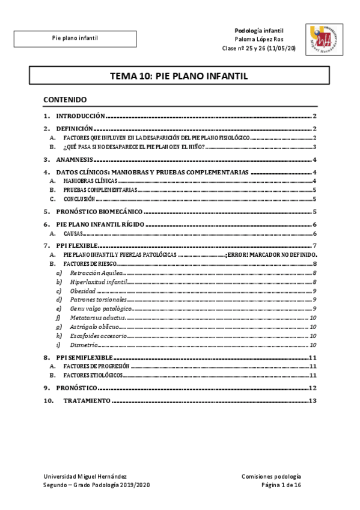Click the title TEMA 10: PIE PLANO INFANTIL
pos(179,76)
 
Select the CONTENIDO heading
pos(66,99)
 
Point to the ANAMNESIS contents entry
pos(75,160)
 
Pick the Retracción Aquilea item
pos(95,273)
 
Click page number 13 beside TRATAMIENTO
pos(312,401)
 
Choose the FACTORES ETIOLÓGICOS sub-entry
pos(94,375)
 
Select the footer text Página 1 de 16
pos(281,485)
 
